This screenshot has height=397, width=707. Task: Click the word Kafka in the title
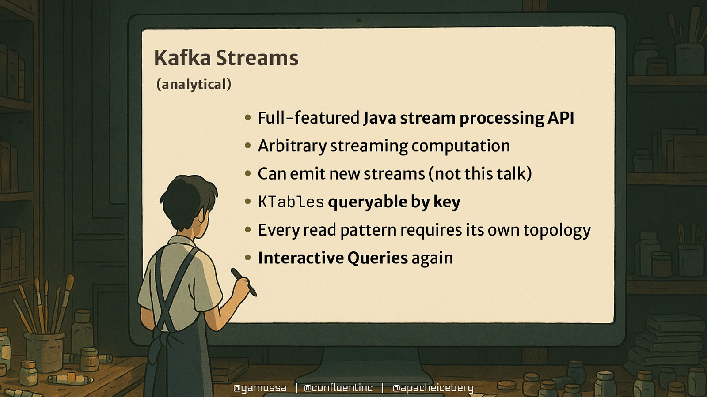pos(182,58)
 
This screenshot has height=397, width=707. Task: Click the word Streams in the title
pos(257,58)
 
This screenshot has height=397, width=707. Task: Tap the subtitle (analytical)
pos(194,84)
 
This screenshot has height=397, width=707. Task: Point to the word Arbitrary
pos(292,146)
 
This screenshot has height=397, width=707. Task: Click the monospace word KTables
pos(291,202)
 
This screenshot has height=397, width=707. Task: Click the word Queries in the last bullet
pos(377,258)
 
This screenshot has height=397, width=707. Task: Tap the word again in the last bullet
pos(432,258)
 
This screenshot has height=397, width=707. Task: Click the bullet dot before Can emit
pos(248,173)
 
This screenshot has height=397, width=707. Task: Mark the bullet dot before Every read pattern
pos(248,230)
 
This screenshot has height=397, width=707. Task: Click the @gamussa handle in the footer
pos(260,388)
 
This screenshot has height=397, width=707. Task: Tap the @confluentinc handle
pos(338,388)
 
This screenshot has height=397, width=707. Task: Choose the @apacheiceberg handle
pos(433,388)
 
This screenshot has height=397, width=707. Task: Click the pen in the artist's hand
pos(244,282)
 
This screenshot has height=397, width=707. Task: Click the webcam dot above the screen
pos(358,20)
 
